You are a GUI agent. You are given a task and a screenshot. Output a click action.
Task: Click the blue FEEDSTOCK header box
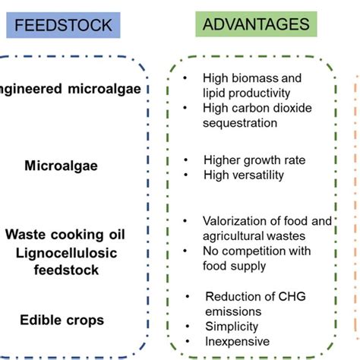[65, 25]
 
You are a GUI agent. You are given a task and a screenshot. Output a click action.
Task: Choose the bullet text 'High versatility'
[243, 175]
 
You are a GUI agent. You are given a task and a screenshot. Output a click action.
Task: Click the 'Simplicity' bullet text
[232, 327]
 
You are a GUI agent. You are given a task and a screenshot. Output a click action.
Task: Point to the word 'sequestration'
[239, 122]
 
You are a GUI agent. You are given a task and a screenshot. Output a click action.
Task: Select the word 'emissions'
[232, 311]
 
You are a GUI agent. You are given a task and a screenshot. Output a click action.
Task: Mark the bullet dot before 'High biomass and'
[186, 78]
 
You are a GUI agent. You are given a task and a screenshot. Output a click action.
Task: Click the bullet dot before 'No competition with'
[186, 252]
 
